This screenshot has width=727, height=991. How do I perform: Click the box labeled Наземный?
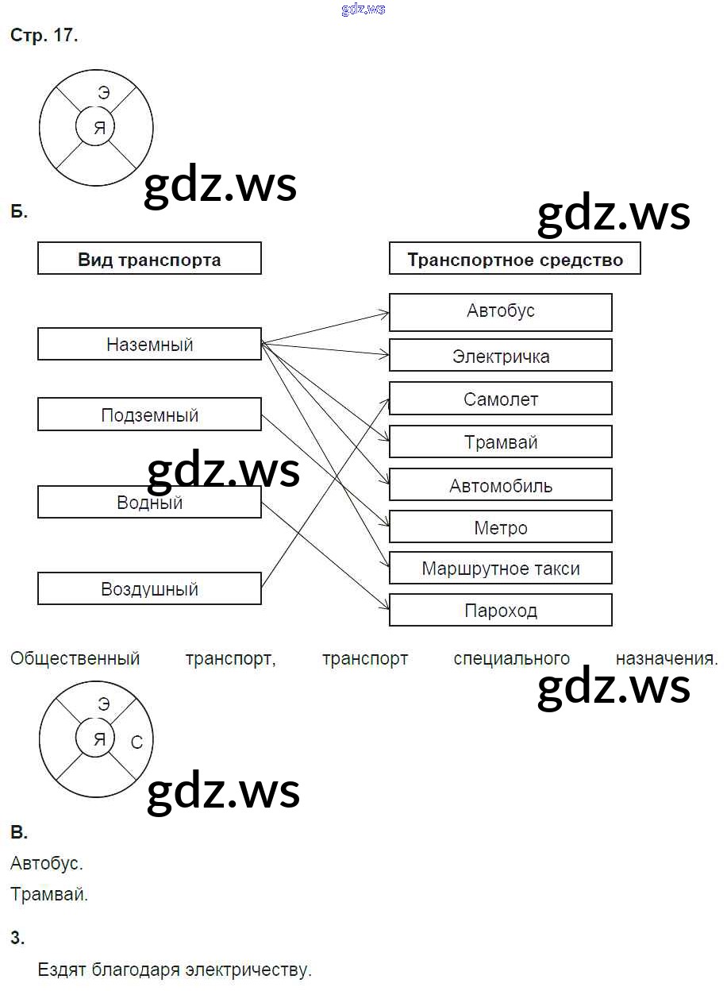pyautogui.click(x=149, y=345)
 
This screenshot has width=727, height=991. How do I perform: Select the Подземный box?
pyautogui.click(x=149, y=415)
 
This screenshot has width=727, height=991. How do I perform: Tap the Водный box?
pyautogui.click(x=149, y=503)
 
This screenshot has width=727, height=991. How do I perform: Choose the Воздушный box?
pyautogui.click(x=149, y=589)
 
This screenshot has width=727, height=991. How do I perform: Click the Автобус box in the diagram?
pyautogui.click(x=500, y=311)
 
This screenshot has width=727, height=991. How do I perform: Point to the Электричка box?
pyautogui.click(x=500, y=356)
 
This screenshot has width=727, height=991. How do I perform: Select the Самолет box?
pyautogui.click(x=500, y=399)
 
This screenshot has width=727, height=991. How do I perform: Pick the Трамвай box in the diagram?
pyautogui.click(x=500, y=442)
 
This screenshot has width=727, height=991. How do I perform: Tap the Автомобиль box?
pyautogui.click(x=500, y=485)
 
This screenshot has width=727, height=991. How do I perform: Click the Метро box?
pyautogui.click(x=500, y=527)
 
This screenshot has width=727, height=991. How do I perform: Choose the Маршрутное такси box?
pyautogui.click(x=500, y=569)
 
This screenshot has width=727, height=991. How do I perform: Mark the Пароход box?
pyautogui.click(x=500, y=611)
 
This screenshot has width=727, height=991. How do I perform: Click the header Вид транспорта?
pyautogui.click(x=149, y=260)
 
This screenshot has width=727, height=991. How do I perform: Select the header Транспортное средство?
pyautogui.click(x=514, y=260)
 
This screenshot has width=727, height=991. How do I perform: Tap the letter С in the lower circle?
pyautogui.click(x=137, y=742)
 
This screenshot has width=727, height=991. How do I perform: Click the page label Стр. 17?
pyautogui.click(x=44, y=37)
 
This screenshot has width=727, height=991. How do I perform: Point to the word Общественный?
pyautogui.click(x=75, y=659)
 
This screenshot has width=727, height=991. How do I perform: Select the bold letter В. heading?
pyautogui.click(x=19, y=833)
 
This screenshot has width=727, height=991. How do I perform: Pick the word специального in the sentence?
pyautogui.click(x=512, y=659)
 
